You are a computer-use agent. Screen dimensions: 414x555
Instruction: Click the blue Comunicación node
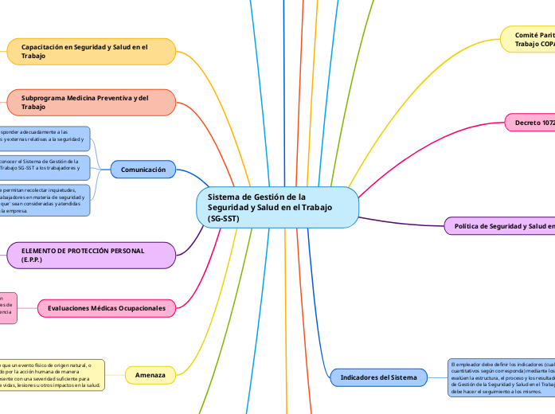[x=143, y=170]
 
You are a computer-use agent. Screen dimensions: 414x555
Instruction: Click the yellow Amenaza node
[x=150, y=374]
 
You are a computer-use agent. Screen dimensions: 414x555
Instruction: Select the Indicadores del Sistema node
[x=377, y=377]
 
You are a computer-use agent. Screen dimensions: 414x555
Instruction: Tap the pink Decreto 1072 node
[x=530, y=123]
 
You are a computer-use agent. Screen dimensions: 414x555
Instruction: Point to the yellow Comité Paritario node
[x=530, y=40]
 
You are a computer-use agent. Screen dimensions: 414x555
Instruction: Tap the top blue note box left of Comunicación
[x=44, y=139]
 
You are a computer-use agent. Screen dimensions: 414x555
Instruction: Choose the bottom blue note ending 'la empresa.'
[x=44, y=201]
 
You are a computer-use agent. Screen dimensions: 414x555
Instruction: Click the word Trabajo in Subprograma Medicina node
[x=33, y=107]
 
